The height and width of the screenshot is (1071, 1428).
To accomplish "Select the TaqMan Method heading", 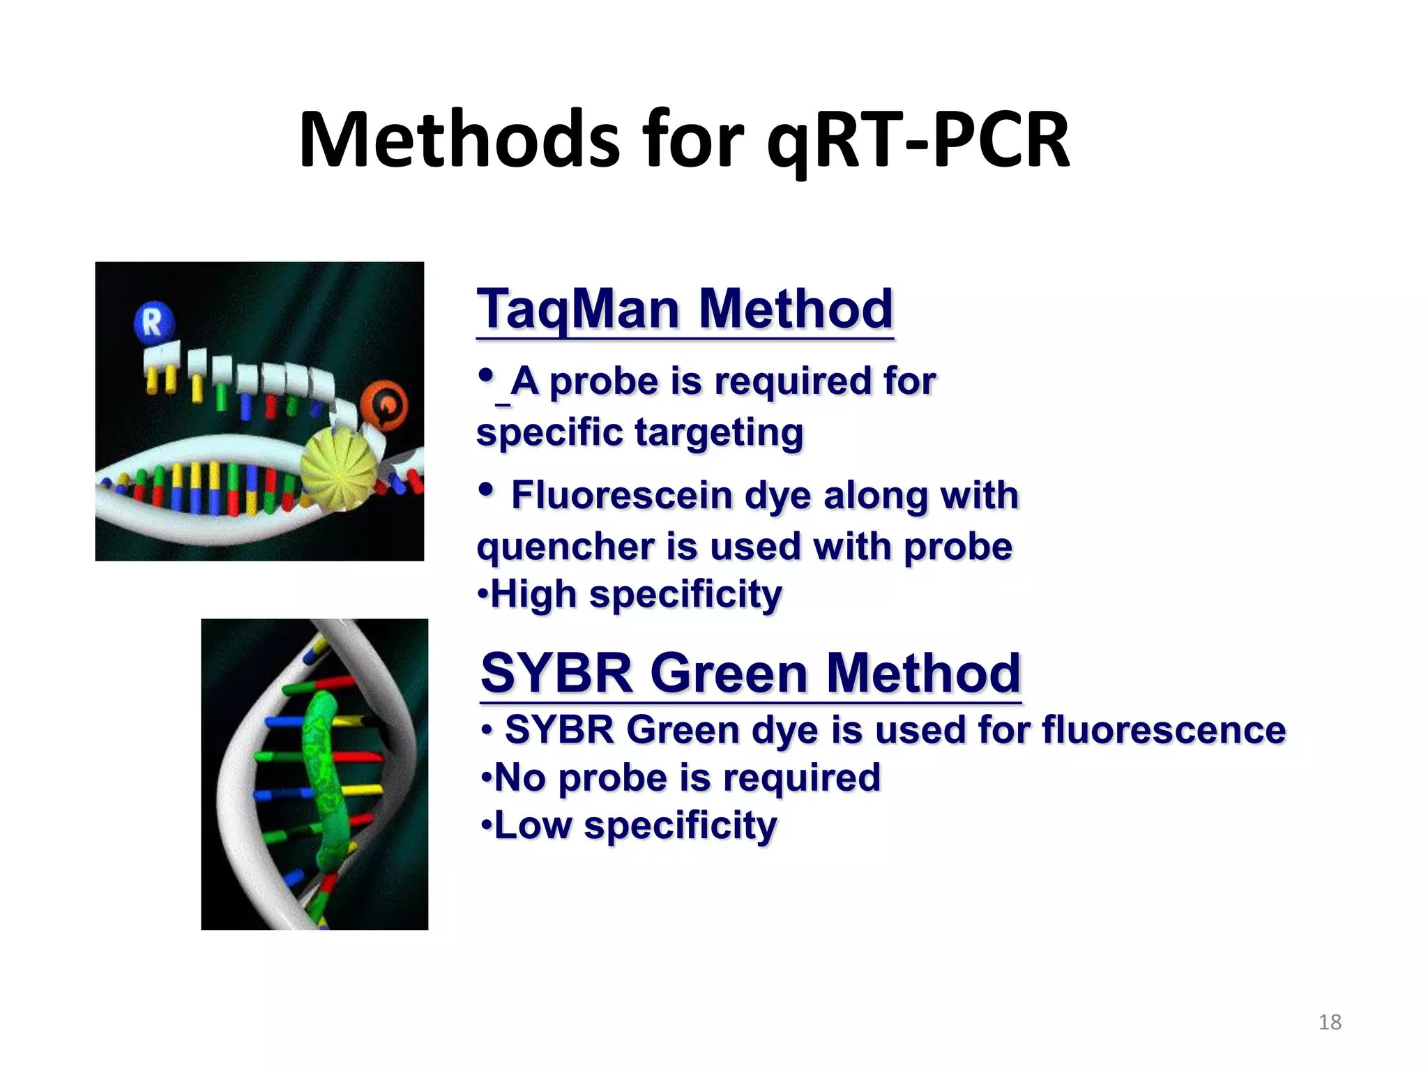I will (684, 309).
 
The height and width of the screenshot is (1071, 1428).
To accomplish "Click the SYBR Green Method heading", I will (750, 674).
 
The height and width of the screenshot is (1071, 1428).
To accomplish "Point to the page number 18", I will (1330, 1022).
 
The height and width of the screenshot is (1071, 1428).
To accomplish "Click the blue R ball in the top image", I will (153, 323).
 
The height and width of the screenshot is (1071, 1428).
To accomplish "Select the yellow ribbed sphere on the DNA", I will (339, 469).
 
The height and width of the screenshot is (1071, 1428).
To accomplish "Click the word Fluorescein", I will (621, 496).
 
